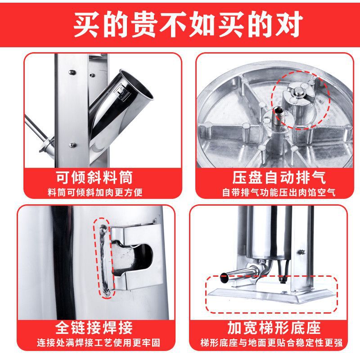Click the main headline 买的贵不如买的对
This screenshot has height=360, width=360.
click(180, 22)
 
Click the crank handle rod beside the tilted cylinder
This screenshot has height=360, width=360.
click(38, 133)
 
